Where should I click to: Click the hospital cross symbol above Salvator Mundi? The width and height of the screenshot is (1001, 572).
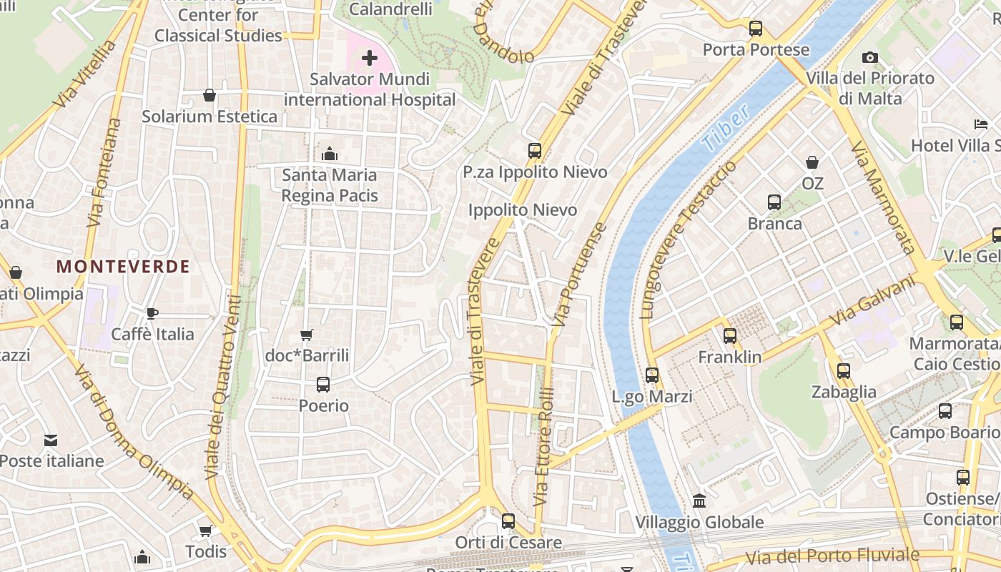[x=370, y=57]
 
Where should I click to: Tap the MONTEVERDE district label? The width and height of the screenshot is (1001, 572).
[x=123, y=267]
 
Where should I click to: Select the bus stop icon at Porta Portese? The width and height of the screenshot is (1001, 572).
[x=756, y=29]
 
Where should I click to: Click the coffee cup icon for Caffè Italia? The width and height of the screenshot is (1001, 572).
[x=152, y=313]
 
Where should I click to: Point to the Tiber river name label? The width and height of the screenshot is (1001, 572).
[x=726, y=127]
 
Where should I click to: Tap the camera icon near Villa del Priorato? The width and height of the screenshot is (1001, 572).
[x=869, y=57]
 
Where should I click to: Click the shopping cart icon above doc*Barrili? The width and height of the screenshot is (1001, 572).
[x=307, y=335]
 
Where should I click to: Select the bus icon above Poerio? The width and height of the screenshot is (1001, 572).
[x=323, y=385]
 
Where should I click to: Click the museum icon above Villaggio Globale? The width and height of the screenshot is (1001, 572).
[x=699, y=500]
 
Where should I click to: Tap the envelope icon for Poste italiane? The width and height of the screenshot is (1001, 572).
[x=51, y=440]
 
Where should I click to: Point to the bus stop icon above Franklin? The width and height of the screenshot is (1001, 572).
[x=729, y=335]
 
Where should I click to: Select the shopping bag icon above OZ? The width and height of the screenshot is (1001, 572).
[x=812, y=162]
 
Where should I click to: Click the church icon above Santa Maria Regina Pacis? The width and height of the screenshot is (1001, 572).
[x=330, y=153]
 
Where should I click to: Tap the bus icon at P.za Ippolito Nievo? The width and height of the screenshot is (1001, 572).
[x=535, y=150]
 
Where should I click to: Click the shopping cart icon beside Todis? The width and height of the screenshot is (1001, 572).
[x=205, y=531]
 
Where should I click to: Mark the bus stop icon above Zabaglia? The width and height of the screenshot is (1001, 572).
[x=844, y=370]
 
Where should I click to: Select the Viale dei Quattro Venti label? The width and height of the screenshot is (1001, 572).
[x=224, y=386]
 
